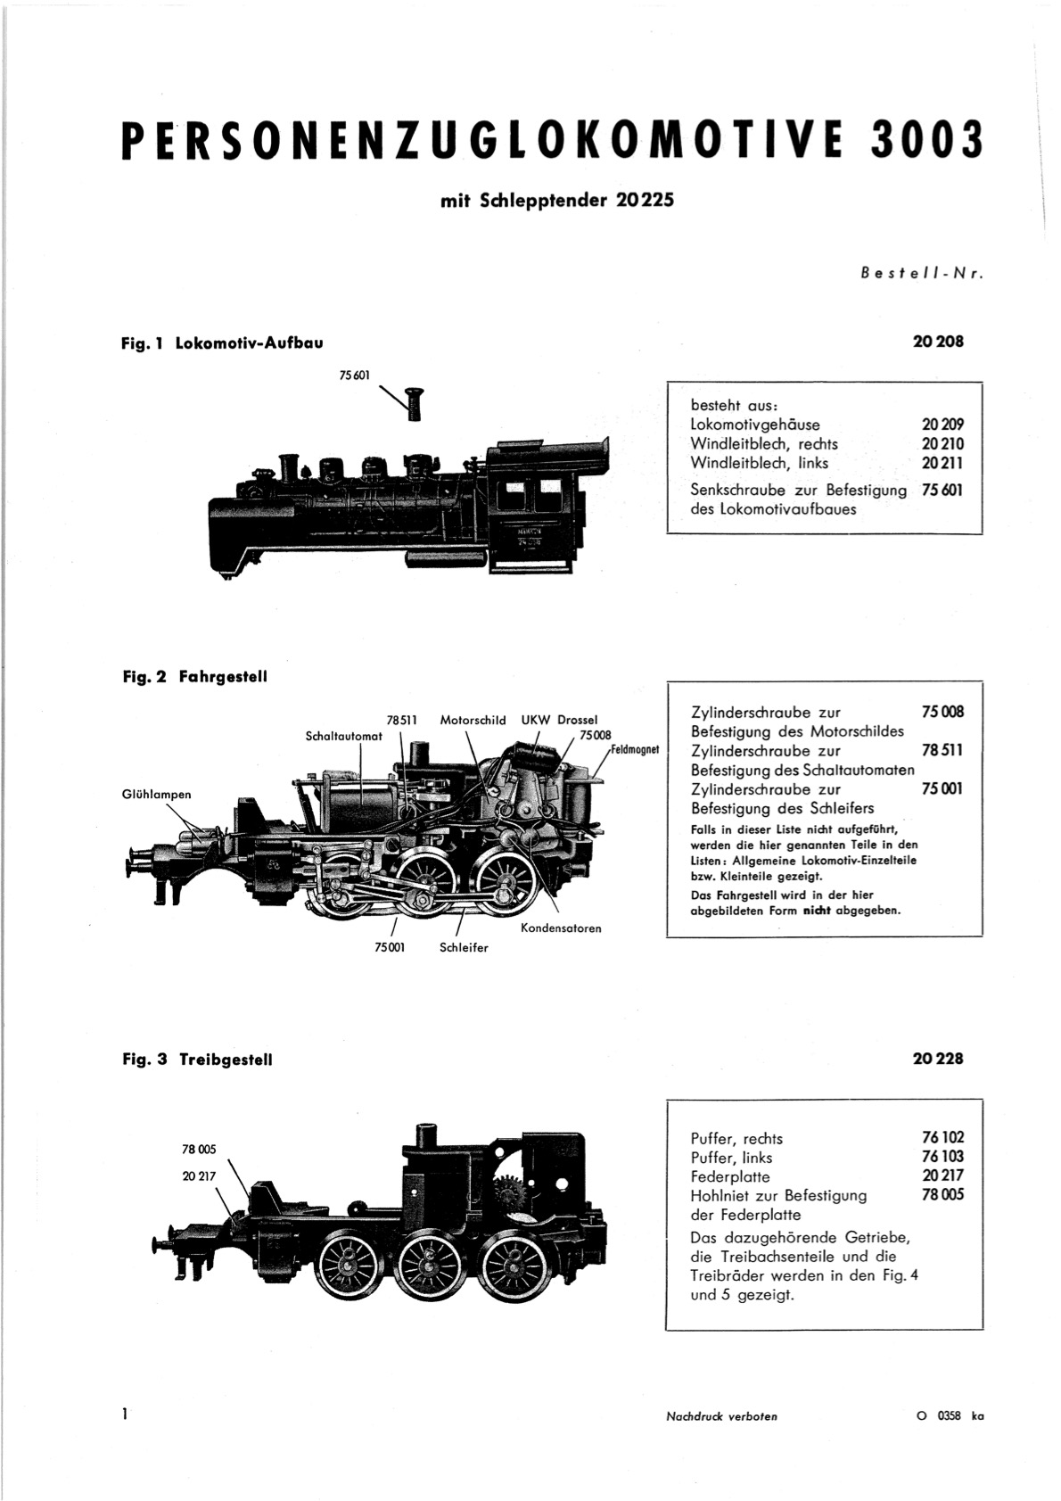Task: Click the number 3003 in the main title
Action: click(x=926, y=141)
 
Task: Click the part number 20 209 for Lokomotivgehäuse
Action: click(x=942, y=425)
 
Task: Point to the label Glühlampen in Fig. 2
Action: click(x=157, y=794)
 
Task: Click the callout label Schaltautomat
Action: click(x=343, y=736)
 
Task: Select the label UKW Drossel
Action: click(x=559, y=721)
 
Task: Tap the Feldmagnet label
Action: click(x=635, y=749)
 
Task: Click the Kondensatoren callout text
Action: click(x=562, y=928)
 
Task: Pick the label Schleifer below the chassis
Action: click(x=464, y=947)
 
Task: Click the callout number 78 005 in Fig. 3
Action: click(x=199, y=1150)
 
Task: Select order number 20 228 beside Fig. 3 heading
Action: click(x=938, y=1059)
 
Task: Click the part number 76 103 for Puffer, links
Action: click(x=943, y=1157)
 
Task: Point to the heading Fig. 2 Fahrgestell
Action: click(x=195, y=677)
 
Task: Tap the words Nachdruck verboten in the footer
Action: click(x=722, y=1416)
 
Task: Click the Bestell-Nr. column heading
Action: click(x=922, y=274)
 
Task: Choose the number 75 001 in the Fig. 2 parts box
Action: click(x=942, y=788)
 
